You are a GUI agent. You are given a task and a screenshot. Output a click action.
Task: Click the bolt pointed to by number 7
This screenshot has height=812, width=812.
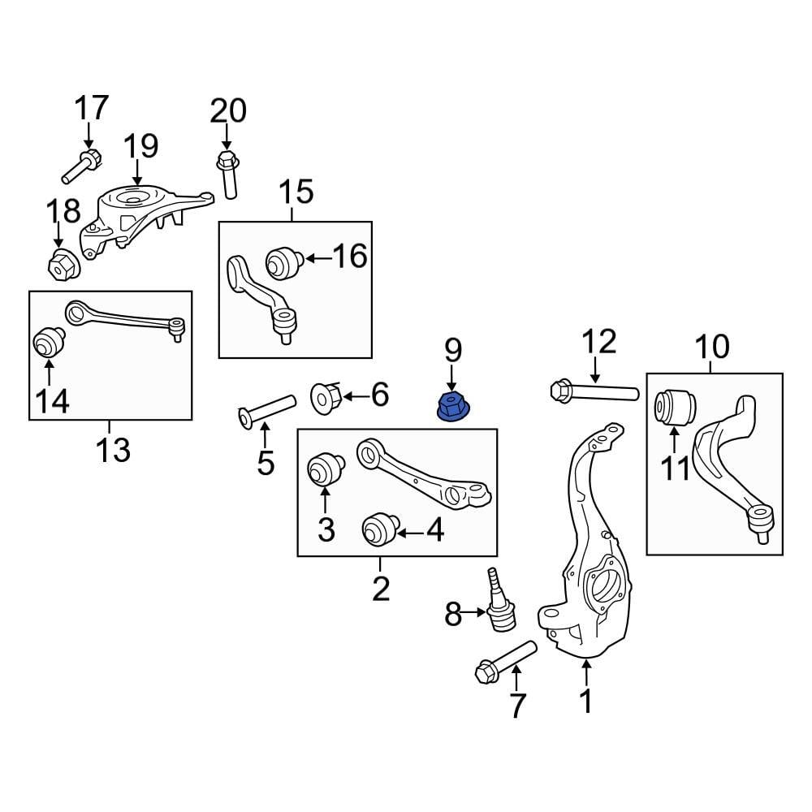503,663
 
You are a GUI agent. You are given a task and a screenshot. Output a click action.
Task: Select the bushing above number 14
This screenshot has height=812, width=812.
48,342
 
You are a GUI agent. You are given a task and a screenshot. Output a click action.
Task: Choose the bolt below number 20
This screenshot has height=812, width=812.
227,174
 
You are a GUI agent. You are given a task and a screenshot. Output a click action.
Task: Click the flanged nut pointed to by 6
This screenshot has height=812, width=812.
327,397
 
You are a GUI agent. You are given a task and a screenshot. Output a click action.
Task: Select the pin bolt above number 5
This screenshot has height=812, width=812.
266,410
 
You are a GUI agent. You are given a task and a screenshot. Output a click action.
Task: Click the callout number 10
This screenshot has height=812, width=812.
711,347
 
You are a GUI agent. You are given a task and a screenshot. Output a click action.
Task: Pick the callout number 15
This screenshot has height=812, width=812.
296,193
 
